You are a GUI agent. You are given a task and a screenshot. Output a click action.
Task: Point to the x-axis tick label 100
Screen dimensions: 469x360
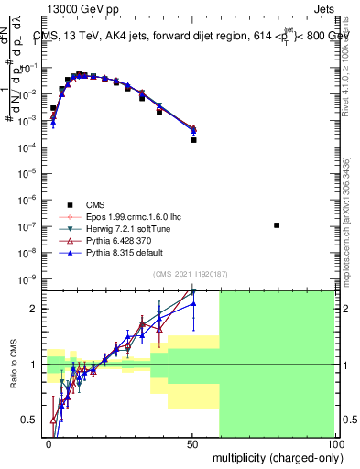(x=334, y=442)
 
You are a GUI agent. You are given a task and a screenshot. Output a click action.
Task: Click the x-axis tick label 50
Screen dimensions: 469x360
(x=191, y=442)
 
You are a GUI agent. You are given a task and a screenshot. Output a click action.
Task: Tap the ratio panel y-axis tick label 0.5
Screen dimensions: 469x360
(x=31, y=420)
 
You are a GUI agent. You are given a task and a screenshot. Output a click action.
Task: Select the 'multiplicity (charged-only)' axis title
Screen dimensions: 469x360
(x=272, y=455)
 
